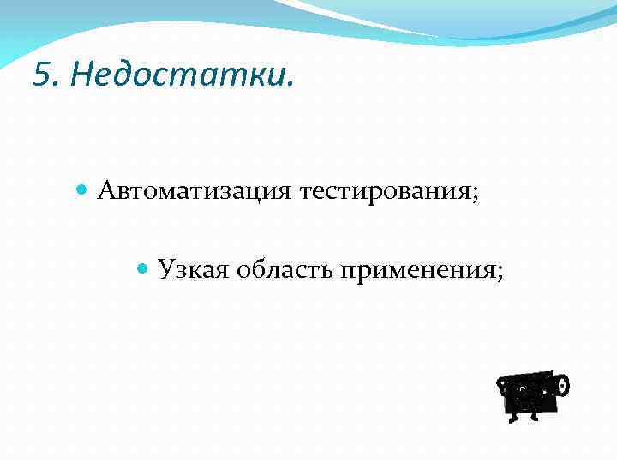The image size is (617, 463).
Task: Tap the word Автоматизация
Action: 195,190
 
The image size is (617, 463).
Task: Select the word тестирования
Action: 382,190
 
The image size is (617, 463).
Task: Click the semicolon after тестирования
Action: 474,193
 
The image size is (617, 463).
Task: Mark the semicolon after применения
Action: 499,274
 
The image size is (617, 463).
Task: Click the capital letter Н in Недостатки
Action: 81,75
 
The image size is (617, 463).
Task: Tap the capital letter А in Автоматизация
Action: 105,189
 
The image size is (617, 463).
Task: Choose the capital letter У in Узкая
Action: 165,270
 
